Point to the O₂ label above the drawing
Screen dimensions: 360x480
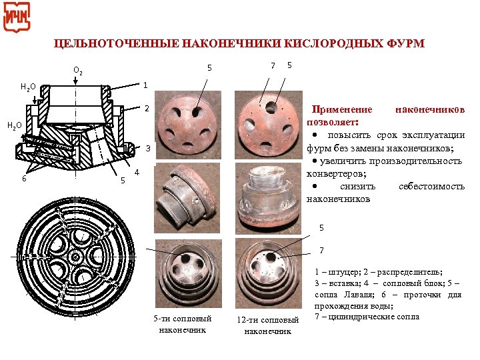77,70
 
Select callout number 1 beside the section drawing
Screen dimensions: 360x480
145,85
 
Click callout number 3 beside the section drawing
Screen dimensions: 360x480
149,147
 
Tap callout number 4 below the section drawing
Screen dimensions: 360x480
136,173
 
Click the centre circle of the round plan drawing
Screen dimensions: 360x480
75,256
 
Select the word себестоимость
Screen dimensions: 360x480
431,186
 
